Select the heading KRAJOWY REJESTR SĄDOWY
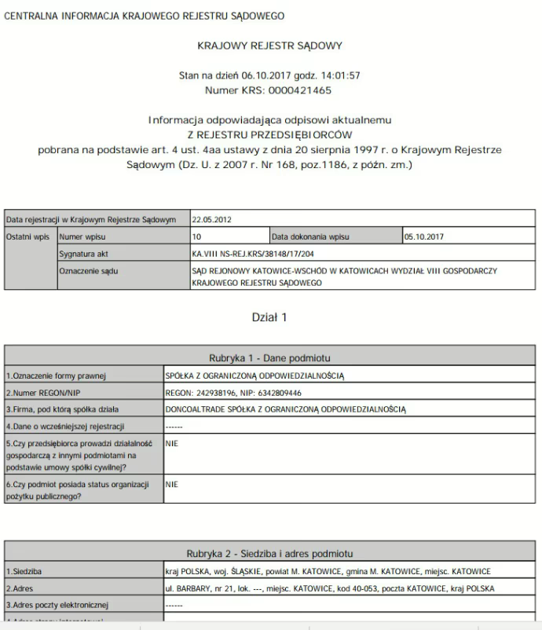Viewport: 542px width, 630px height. click(271, 46)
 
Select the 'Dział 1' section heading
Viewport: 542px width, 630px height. click(269, 317)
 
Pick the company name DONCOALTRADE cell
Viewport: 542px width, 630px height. click(286, 409)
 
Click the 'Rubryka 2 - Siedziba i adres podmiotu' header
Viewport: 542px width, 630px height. click(270, 553)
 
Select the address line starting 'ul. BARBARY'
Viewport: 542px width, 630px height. click(331, 588)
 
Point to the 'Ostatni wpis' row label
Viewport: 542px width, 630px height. click(29, 236)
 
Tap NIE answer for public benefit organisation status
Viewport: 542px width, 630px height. click(173, 485)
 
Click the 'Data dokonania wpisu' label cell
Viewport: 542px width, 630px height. click(310, 236)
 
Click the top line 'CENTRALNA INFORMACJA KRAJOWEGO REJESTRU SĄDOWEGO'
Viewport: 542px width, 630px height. click(144, 16)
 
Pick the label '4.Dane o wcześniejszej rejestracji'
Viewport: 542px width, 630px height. click(66, 427)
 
